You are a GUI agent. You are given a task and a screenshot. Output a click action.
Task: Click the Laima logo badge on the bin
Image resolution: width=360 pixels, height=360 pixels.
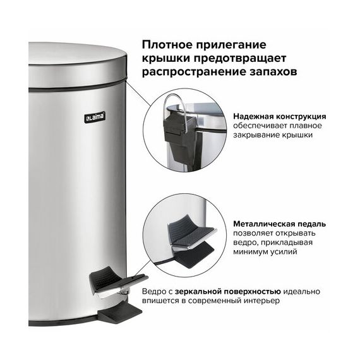[95, 117]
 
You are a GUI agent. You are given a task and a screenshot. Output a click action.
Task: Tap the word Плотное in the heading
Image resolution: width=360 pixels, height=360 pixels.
[167, 45]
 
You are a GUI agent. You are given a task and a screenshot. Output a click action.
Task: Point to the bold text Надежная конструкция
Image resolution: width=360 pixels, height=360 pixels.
[279, 116]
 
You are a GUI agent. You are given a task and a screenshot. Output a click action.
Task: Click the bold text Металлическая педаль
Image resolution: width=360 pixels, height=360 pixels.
[279, 224]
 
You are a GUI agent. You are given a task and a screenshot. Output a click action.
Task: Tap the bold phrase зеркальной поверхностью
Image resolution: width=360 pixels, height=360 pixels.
[228, 292]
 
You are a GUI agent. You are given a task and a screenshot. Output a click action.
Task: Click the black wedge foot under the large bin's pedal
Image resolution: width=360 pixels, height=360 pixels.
[119, 312]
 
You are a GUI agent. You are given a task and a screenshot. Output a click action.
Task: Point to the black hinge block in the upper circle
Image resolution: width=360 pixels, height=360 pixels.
[180, 138]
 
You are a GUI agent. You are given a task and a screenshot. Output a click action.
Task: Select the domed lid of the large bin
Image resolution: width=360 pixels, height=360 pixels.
[77, 66]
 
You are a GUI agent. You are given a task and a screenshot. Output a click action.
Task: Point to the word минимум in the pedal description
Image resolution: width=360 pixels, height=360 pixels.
[250, 252]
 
